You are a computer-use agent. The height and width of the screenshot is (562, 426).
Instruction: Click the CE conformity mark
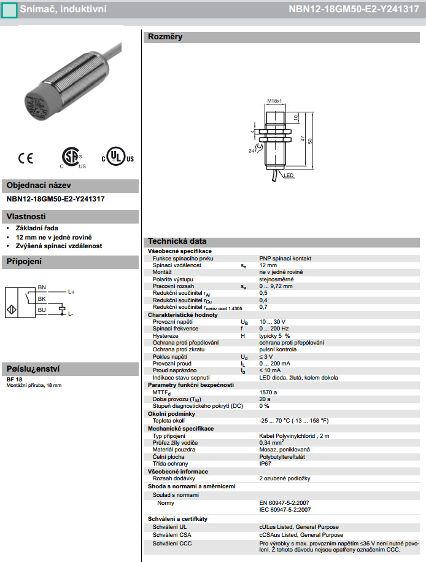click(26, 158)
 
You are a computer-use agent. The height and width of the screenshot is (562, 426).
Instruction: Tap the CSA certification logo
click(72, 157)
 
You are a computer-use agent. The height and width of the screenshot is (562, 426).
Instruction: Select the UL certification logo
click(117, 157)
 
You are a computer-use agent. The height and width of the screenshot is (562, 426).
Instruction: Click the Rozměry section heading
click(165, 37)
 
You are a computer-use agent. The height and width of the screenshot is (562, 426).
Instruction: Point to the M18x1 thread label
click(274, 101)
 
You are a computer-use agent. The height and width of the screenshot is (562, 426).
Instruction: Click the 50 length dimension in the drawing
click(310, 141)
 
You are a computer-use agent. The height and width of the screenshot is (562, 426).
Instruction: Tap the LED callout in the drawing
click(289, 175)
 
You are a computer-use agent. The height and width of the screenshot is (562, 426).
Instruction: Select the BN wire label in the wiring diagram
click(42, 287)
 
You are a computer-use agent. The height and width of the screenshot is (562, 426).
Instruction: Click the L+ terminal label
click(71, 292)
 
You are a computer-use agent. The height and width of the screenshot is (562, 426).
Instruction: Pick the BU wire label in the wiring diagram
click(42, 310)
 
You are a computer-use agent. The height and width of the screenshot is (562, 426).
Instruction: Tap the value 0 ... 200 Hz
click(274, 329)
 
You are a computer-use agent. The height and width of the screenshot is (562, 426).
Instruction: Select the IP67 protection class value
click(265, 464)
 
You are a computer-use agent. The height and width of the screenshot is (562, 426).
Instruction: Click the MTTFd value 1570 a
click(268, 392)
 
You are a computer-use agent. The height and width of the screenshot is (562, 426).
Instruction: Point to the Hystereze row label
click(166, 336)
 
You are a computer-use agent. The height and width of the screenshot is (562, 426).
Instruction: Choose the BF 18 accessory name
click(14, 379)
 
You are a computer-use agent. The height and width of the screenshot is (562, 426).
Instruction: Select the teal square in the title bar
click(9, 10)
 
